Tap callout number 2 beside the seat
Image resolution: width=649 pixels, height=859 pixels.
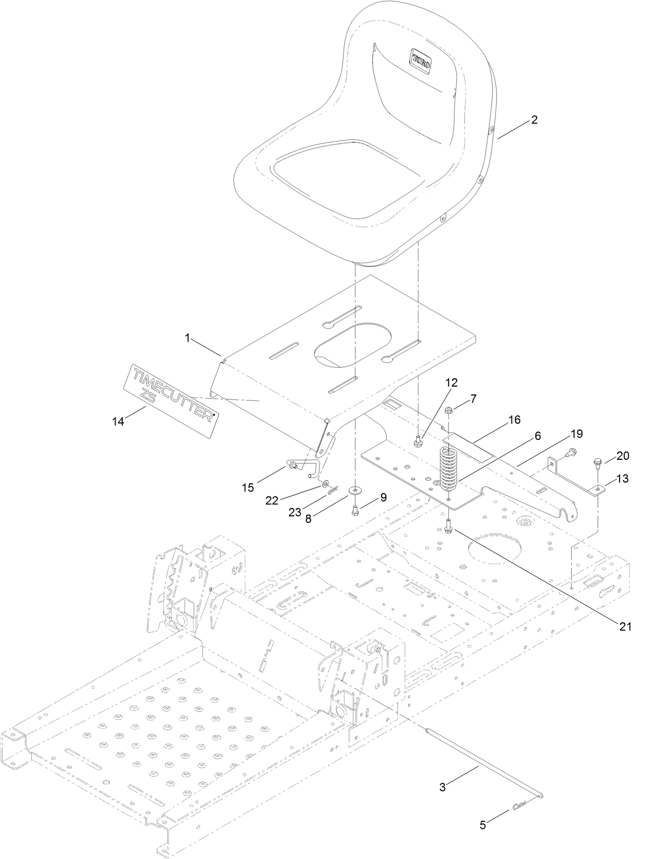pos(534,120)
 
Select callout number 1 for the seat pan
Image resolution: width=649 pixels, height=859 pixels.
pos(187,338)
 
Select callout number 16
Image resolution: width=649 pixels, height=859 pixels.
pos(515,420)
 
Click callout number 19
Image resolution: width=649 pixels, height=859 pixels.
pos(576,434)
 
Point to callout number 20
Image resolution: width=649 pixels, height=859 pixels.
pos(622,456)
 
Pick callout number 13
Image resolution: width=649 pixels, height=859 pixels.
pos(622,479)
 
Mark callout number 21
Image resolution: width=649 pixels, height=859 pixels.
pos(626,626)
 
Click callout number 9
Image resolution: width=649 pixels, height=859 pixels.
pos(383,498)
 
